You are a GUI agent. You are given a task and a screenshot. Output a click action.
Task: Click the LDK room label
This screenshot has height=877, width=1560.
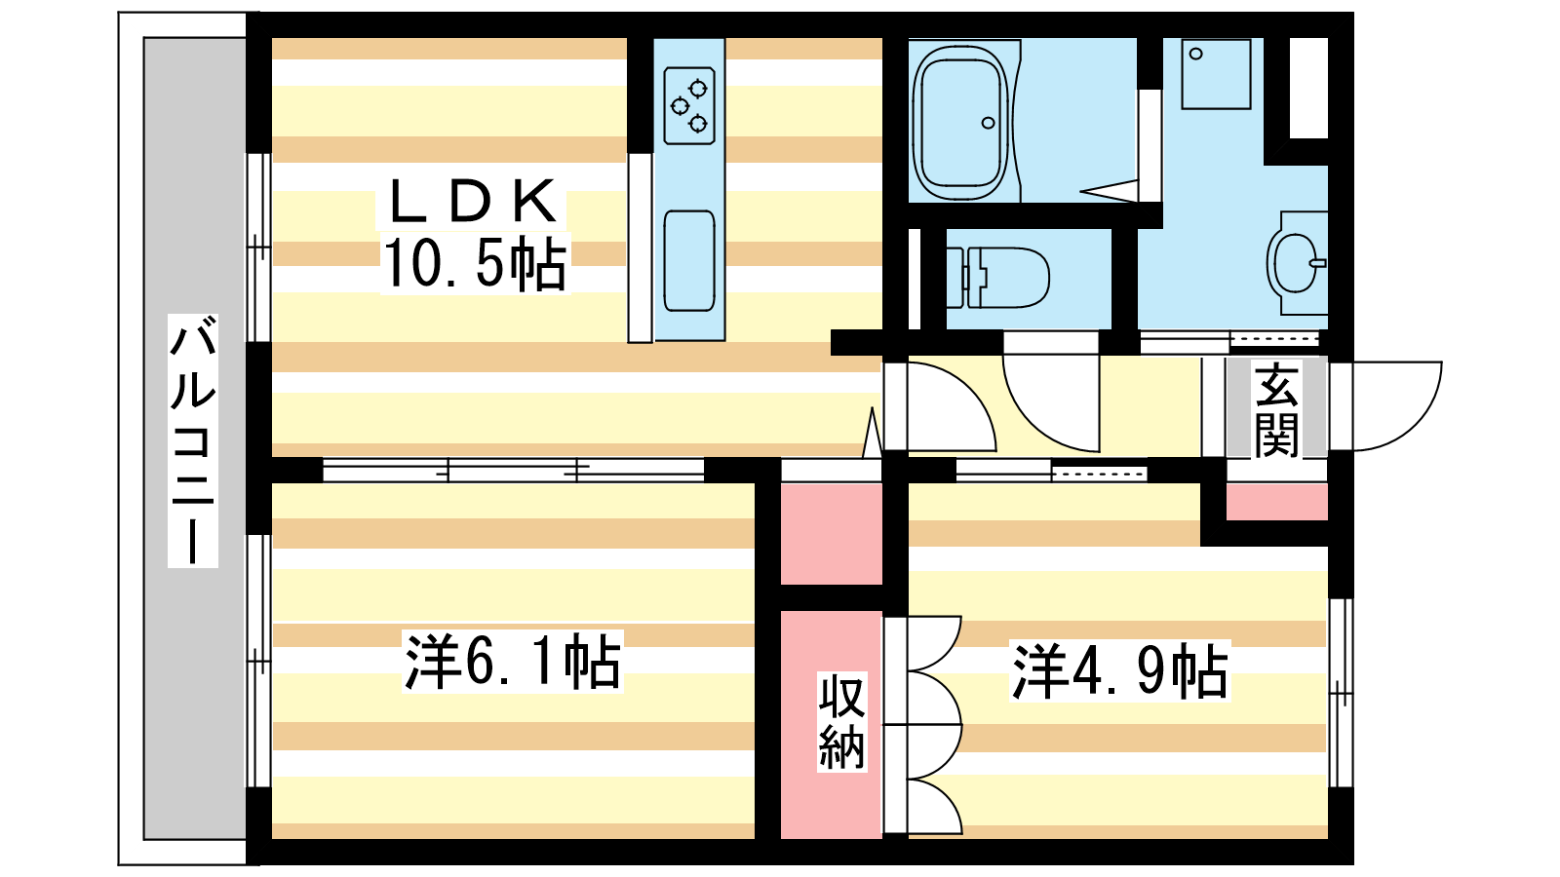[x=473, y=202]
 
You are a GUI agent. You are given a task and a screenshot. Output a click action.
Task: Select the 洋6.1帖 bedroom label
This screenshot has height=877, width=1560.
[x=513, y=663]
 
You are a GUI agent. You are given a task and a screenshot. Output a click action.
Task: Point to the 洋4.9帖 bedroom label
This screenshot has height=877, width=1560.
[x=1120, y=671]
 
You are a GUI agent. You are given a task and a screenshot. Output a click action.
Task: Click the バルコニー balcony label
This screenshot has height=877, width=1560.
[x=193, y=439]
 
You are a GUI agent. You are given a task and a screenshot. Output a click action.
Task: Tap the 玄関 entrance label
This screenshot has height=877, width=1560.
[x=1276, y=410]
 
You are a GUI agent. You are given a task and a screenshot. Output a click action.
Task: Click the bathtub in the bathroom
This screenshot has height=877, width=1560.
[x=959, y=121]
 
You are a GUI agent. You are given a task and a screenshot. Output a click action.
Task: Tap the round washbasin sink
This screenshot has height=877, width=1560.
[x=1297, y=262]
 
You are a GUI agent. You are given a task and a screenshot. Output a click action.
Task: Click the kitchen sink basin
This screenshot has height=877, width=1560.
[x=689, y=260]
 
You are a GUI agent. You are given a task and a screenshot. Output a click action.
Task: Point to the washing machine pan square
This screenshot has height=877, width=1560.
[x=1216, y=74]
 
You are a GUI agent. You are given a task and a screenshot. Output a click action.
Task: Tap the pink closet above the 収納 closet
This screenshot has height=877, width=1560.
[x=831, y=533]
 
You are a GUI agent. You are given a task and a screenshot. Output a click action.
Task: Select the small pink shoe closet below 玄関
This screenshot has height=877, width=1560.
[x=1276, y=502]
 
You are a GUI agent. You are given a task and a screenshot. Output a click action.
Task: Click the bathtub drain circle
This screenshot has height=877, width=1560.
[x=988, y=123]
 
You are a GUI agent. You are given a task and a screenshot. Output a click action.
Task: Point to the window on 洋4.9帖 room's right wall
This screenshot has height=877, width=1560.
[x=1342, y=692]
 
